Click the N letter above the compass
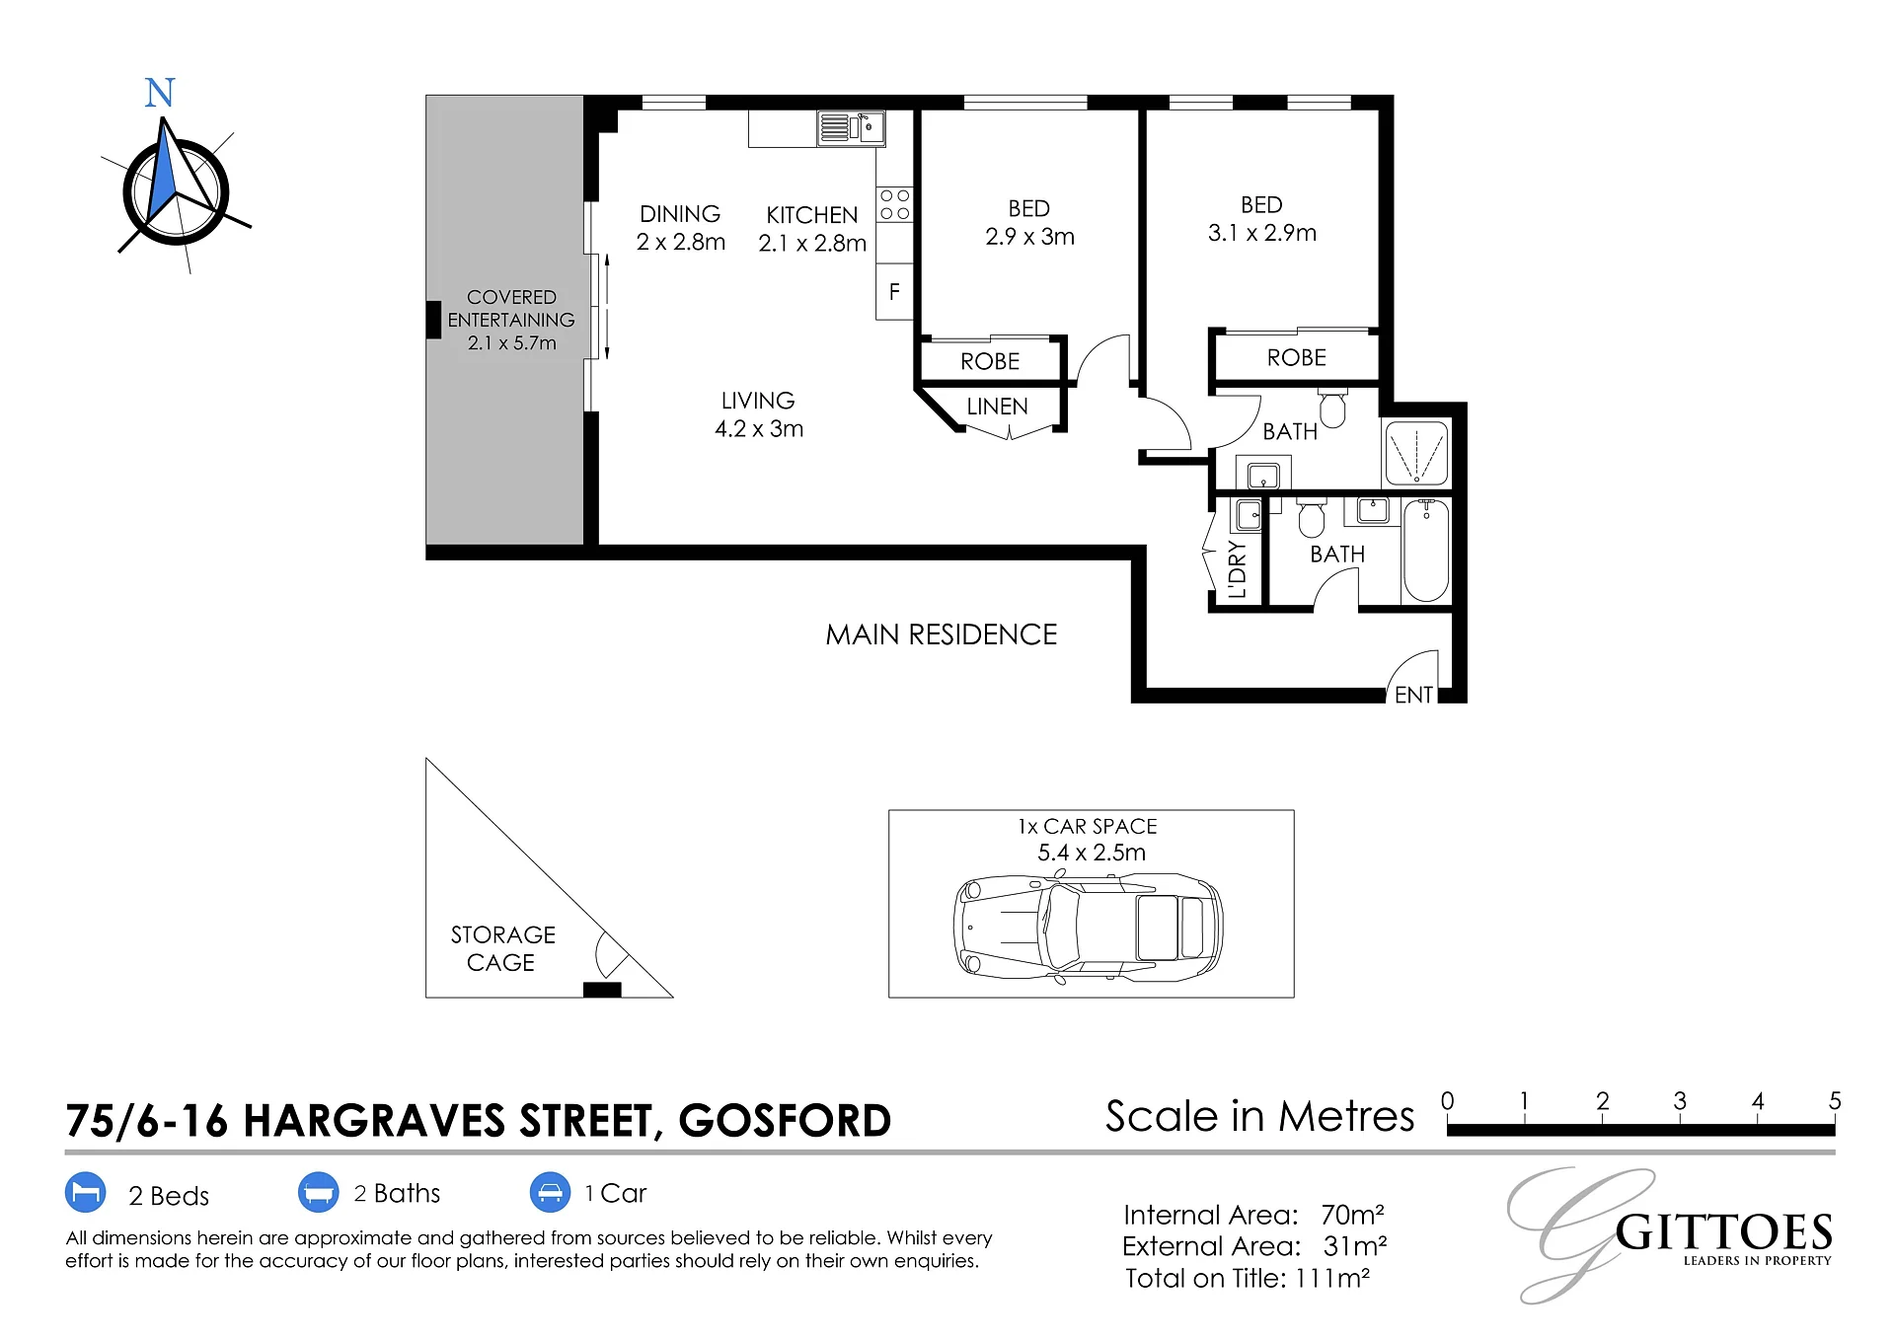[x=160, y=93]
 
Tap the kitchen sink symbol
[x=851, y=128]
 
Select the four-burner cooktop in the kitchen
[x=895, y=204]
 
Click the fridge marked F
[x=894, y=292]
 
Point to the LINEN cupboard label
[x=997, y=407]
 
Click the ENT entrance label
[x=1413, y=695]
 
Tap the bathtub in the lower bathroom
[x=1426, y=551]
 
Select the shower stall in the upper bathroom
[x=1416, y=453]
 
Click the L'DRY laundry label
[x=1237, y=570]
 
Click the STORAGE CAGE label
[x=502, y=948]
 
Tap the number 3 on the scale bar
[x=1680, y=1100]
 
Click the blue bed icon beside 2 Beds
[x=86, y=1192]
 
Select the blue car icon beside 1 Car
[x=550, y=1192]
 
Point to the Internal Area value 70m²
[x=1352, y=1215]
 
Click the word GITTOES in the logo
[x=1723, y=1233]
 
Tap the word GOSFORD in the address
[x=785, y=1121]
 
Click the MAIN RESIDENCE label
[x=942, y=634]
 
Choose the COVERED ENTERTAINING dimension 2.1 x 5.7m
[x=512, y=343]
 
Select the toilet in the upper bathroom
[x=1332, y=409]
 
